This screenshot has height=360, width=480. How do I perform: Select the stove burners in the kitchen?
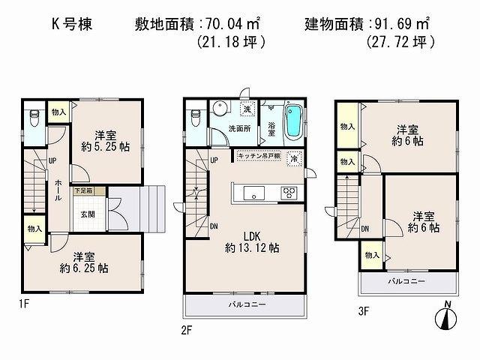(x=289, y=193)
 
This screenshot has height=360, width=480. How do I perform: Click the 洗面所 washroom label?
(x=239, y=128)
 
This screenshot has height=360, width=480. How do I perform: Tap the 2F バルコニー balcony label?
(x=245, y=306)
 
